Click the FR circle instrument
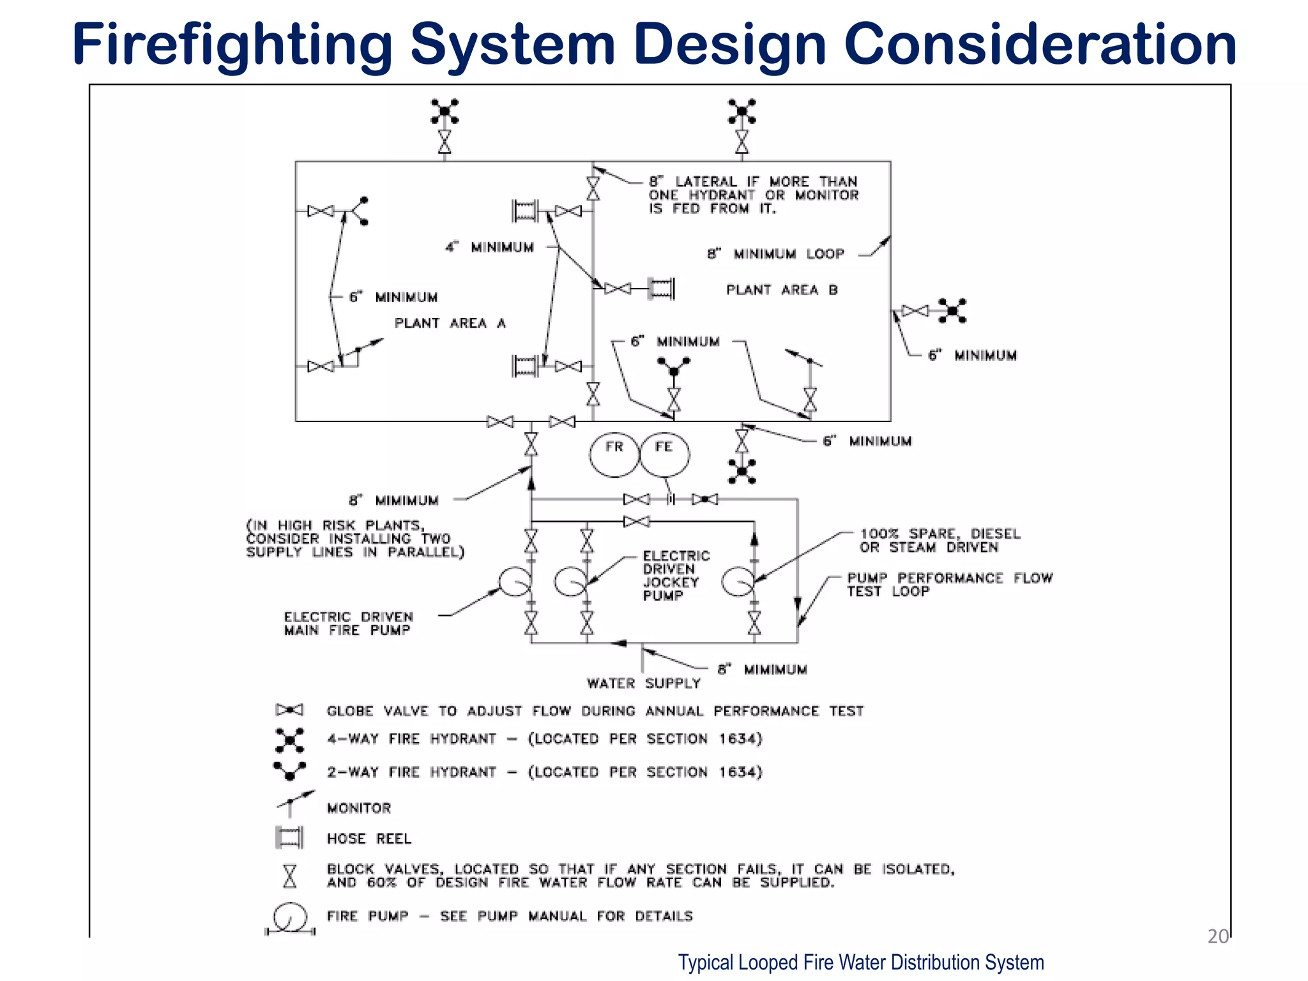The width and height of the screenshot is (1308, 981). click(x=614, y=454)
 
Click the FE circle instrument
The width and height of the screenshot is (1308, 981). click(x=664, y=454)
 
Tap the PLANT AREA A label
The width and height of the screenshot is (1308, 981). click(x=450, y=323)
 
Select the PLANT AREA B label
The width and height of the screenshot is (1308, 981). click(x=782, y=290)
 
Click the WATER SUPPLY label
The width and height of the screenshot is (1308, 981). click(x=643, y=683)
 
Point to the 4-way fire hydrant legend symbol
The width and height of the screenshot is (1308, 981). click(x=289, y=740)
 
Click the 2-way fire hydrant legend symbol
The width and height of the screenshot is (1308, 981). click(x=289, y=770)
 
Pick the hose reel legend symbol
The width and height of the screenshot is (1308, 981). click(x=289, y=837)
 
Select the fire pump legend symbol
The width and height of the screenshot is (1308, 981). click(x=290, y=918)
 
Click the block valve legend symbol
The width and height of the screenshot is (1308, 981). click(x=290, y=876)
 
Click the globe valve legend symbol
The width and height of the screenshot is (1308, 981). click(x=289, y=710)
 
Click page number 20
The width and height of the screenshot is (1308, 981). click(x=1217, y=936)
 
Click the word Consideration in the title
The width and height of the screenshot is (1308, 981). click(x=1040, y=43)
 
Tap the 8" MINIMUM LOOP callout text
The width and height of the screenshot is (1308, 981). click(x=775, y=254)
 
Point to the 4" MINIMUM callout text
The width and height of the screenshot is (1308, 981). click(x=489, y=247)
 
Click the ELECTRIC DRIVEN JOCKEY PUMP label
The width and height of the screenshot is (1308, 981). click(x=675, y=575)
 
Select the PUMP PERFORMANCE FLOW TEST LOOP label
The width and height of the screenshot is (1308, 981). click(x=949, y=584)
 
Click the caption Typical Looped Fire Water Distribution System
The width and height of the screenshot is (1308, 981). click(x=860, y=962)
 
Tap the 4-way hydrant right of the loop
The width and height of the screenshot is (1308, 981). click(x=952, y=311)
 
